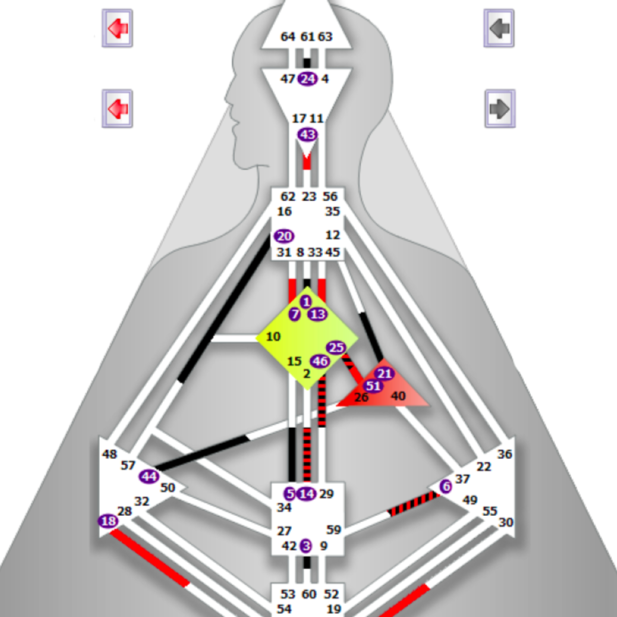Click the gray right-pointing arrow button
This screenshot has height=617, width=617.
(x=500, y=109)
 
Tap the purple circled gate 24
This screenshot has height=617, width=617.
(x=307, y=79)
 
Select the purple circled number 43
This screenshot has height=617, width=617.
(x=307, y=135)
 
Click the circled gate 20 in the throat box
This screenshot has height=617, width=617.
(x=284, y=236)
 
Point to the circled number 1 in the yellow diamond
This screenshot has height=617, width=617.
(x=306, y=302)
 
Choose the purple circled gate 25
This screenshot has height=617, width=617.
(x=336, y=347)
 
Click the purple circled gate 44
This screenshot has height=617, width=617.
(x=149, y=477)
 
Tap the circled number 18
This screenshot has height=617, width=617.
(x=108, y=521)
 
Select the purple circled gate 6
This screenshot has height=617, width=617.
(x=446, y=486)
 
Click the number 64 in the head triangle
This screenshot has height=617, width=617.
(x=288, y=37)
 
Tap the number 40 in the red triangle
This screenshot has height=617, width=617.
(x=398, y=396)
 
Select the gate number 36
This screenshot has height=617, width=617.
(x=505, y=454)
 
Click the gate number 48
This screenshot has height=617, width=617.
(x=110, y=454)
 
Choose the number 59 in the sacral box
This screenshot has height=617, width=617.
(x=334, y=530)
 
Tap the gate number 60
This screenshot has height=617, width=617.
(x=309, y=594)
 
